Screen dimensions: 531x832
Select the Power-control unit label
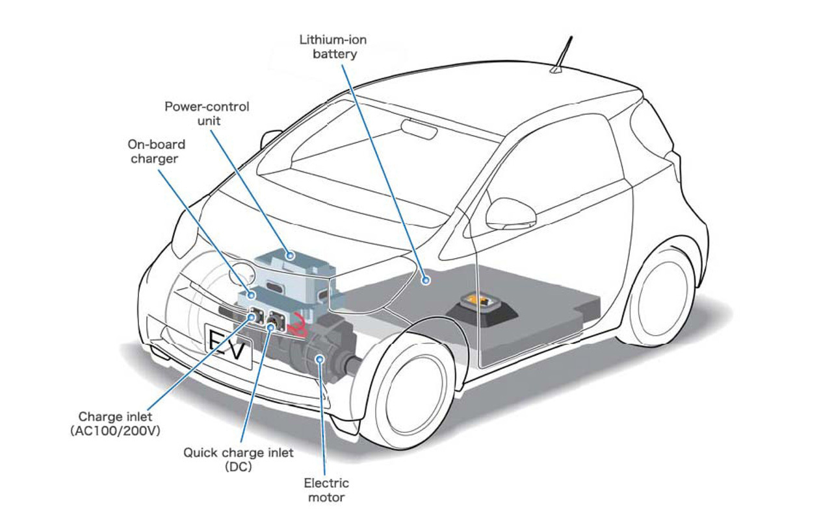206,114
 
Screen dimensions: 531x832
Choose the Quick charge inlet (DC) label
238,459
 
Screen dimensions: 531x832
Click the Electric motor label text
326,490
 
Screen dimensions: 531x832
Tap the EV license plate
227,348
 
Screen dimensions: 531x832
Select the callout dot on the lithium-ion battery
425,280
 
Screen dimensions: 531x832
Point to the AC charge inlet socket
255,317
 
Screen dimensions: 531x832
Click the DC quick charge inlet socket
272,322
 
